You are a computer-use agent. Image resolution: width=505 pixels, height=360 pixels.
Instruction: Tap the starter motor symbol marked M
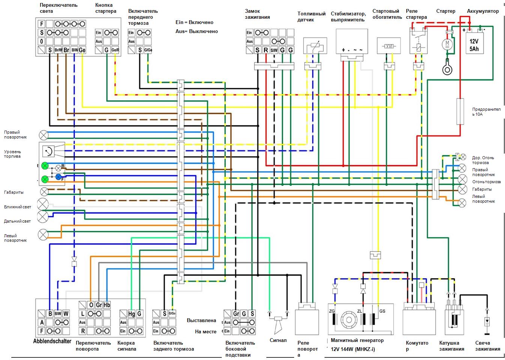click(447, 44)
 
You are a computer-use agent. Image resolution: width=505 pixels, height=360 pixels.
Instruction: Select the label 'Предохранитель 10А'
click(486, 111)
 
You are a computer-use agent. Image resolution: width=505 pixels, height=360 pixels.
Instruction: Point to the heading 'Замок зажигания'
click(257, 14)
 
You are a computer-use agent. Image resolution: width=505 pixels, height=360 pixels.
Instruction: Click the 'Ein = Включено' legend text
click(194, 23)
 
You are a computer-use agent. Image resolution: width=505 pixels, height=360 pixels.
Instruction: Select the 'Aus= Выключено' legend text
click(197, 31)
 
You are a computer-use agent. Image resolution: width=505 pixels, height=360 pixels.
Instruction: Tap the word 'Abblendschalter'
click(52, 341)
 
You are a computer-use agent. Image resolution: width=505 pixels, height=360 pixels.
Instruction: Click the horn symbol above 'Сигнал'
click(278, 322)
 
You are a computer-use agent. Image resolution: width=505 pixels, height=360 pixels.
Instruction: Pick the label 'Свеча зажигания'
click(487, 346)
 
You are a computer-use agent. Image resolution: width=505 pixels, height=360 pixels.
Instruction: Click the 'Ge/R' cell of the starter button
click(115, 50)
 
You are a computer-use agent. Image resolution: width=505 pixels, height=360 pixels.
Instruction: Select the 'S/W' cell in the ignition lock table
click(274, 50)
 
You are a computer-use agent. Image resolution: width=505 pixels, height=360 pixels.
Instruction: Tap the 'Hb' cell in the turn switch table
click(107, 305)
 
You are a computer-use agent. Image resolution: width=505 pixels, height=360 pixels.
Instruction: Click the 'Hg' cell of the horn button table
click(131, 313)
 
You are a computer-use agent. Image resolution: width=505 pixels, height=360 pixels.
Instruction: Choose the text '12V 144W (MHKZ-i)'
click(353, 349)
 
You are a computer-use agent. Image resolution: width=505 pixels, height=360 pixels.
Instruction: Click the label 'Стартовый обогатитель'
click(387, 14)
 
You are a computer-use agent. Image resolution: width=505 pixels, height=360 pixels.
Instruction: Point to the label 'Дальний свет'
click(18, 221)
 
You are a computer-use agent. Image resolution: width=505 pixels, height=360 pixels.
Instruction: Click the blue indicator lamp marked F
click(58, 176)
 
